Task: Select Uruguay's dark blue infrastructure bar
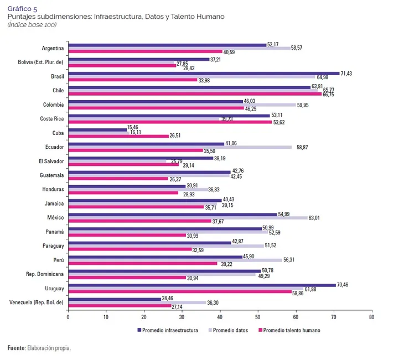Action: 201,285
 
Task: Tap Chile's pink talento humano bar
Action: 194,94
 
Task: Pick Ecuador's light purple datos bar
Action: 180,147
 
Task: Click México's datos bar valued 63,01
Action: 187,218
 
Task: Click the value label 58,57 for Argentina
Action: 299,48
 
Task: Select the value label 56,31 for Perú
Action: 291,260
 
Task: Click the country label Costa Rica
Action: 51,118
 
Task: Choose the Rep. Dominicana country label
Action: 45,274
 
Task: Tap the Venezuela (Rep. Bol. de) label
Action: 37,302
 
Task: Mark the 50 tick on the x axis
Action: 258,317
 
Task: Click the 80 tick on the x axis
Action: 371,317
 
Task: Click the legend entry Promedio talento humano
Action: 291,330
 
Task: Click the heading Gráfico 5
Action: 23,9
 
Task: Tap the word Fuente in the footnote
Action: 16,348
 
